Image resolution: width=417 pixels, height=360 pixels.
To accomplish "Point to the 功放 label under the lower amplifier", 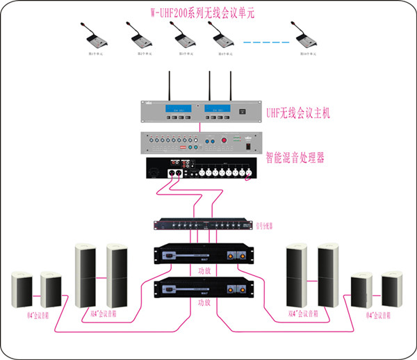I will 204,303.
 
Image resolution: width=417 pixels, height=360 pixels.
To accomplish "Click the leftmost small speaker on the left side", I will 22,291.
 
